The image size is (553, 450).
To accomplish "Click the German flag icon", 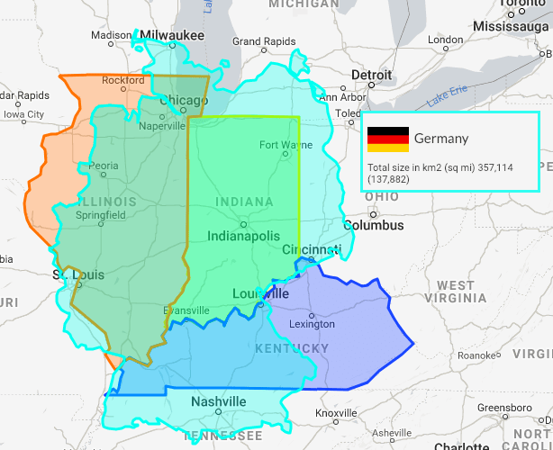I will tap(388, 139).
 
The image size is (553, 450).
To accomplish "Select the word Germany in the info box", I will tap(441, 139).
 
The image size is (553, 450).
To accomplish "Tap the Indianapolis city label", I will tap(243, 236).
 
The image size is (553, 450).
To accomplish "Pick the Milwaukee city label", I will tap(173, 35).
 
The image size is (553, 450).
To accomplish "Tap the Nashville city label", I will tap(218, 401).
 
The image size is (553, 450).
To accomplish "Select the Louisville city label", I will tap(260, 294).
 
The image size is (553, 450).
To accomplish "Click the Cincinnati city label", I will tap(312, 249).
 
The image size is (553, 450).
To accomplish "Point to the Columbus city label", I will tap(373, 225).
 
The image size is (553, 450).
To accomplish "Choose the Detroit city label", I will tap(371, 75).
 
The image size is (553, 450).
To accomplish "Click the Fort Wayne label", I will tap(279, 145).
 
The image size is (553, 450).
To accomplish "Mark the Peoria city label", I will tap(104, 166).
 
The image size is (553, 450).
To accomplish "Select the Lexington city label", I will tap(312, 324).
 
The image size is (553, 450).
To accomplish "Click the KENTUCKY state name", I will tap(292, 348).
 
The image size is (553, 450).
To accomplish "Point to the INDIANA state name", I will tap(244, 202).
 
